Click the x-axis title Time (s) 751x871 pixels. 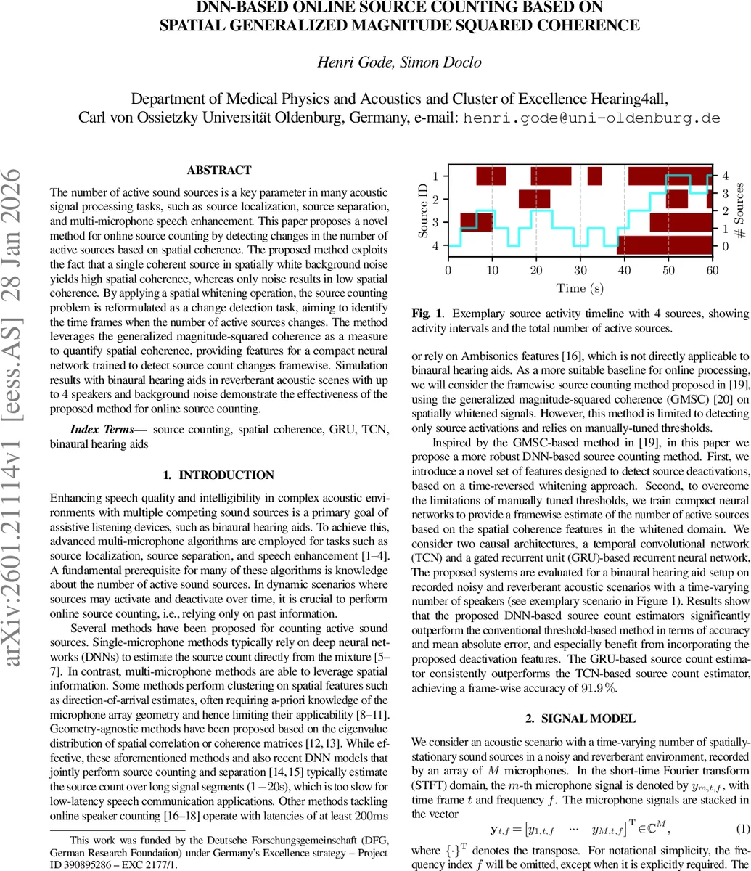click(x=580, y=288)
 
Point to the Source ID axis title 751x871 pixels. click(x=422, y=211)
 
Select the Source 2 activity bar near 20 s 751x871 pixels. click(x=534, y=199)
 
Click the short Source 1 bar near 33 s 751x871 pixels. click(x=594, y=176)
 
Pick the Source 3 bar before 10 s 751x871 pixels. click(x=477, y=222)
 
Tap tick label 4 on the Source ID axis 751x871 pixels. click(x=435, y=245)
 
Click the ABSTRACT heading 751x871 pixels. click(x=219, y=171)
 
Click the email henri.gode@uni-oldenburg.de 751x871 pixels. click(x=592, y=118)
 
